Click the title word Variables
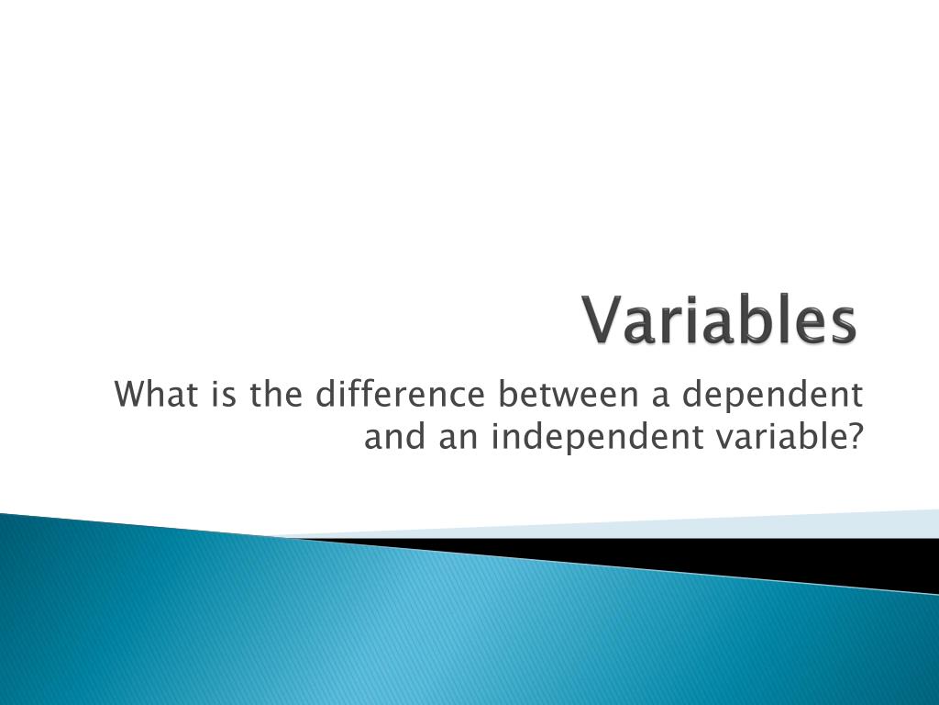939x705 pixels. point(721,320)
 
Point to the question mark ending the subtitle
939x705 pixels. point(855,437)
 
